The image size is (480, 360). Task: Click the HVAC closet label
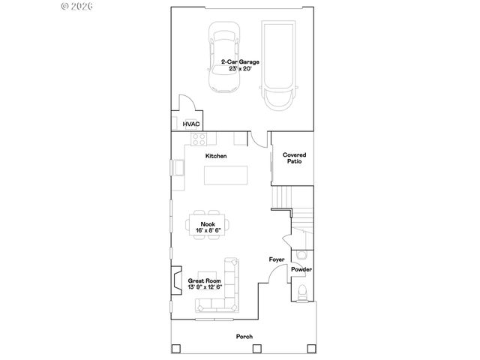coord(189,123)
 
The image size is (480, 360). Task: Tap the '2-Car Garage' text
coord(240,62)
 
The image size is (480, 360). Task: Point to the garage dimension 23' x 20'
coord(240,69)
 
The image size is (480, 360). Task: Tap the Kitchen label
coord(217,156)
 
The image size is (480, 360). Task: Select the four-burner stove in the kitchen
coord(199,138)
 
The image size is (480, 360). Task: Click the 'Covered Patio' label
coord(293,158)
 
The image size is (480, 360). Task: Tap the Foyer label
coord(277,259)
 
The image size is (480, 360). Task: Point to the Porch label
coord(244,337)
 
